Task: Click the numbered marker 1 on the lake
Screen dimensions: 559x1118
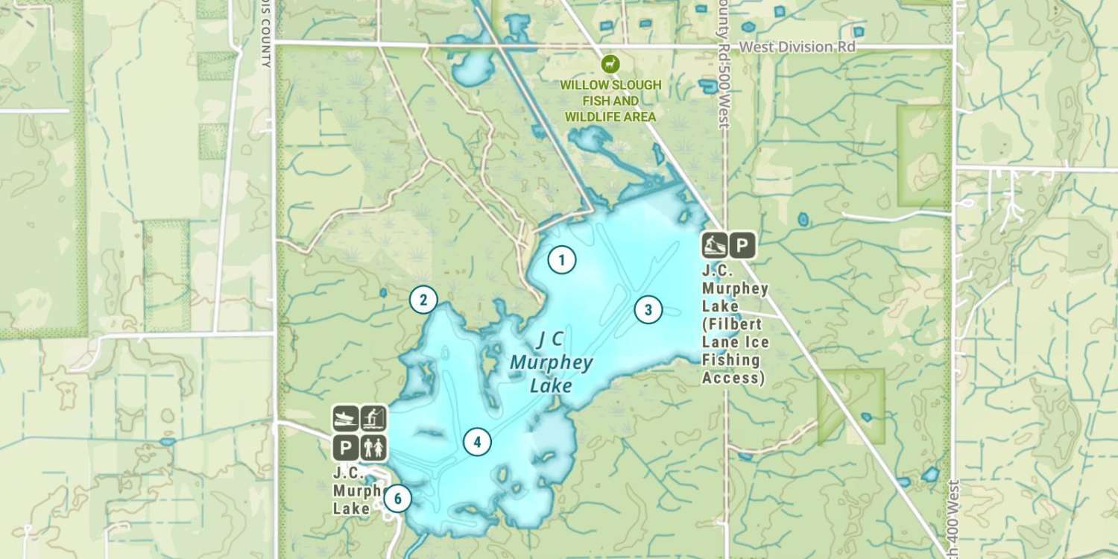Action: [x=562, y=259]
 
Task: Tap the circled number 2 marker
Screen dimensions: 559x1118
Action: [x=423, y=300]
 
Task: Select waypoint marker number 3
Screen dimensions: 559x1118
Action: [x=648, y=309]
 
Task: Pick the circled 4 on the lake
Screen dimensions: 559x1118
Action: [x=477, y=442]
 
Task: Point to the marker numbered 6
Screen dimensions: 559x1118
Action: [x=398, y=498]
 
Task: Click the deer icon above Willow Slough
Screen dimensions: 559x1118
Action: [x=610, y=64]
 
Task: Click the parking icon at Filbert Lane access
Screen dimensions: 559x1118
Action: [x=742, y=244]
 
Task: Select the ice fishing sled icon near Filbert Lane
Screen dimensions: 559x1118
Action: [x=715, y=244]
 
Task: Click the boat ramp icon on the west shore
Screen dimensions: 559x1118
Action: [x=345, y=419]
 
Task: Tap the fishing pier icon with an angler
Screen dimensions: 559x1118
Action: [x=373, y=419]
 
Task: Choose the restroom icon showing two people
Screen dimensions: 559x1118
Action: [x=373, y=447]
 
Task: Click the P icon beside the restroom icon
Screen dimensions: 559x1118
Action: [x=345, y=447]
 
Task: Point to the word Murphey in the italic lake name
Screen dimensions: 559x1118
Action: [x=552, y=364]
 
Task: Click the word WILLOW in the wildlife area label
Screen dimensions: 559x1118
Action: [x=585, y=85]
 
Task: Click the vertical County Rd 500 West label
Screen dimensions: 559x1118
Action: [x=721, y=67]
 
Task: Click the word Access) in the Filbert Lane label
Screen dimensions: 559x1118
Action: [x=734, y=378]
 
